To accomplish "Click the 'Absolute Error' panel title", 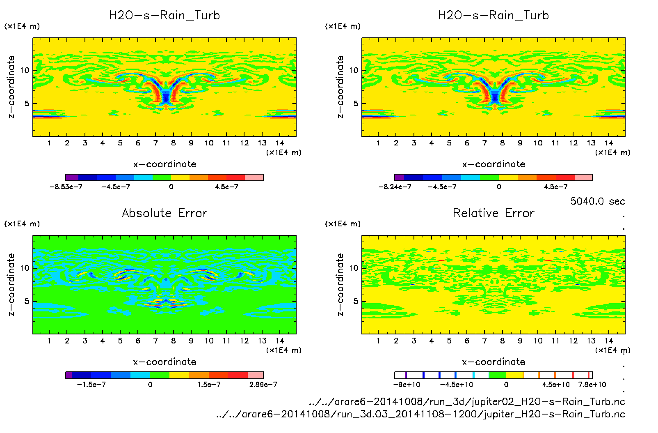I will point(164,213).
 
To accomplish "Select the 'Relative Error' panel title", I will point(493,213).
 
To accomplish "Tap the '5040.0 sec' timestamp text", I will point(597,201).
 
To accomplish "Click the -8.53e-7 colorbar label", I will point(66,187).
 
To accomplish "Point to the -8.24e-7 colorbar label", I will point(395,187).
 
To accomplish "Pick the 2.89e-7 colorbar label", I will point(263,385).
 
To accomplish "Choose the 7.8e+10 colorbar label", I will point(592,385).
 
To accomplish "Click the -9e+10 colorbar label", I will point(407,385).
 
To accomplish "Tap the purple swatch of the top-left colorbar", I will point(72,177).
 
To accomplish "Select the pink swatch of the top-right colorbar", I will point(583,177).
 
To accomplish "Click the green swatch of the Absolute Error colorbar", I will point(160,375).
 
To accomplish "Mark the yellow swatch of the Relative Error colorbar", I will point(515,375).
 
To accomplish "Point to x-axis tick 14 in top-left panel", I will point(280,143).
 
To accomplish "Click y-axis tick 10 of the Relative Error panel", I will point(353,268).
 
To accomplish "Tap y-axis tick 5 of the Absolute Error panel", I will point(27,302).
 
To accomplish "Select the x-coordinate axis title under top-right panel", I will point(493,164).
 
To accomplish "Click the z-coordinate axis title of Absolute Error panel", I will point(11,284).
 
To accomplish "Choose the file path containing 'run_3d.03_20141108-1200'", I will point(420,414).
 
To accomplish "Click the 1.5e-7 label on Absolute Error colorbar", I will point(209,385).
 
